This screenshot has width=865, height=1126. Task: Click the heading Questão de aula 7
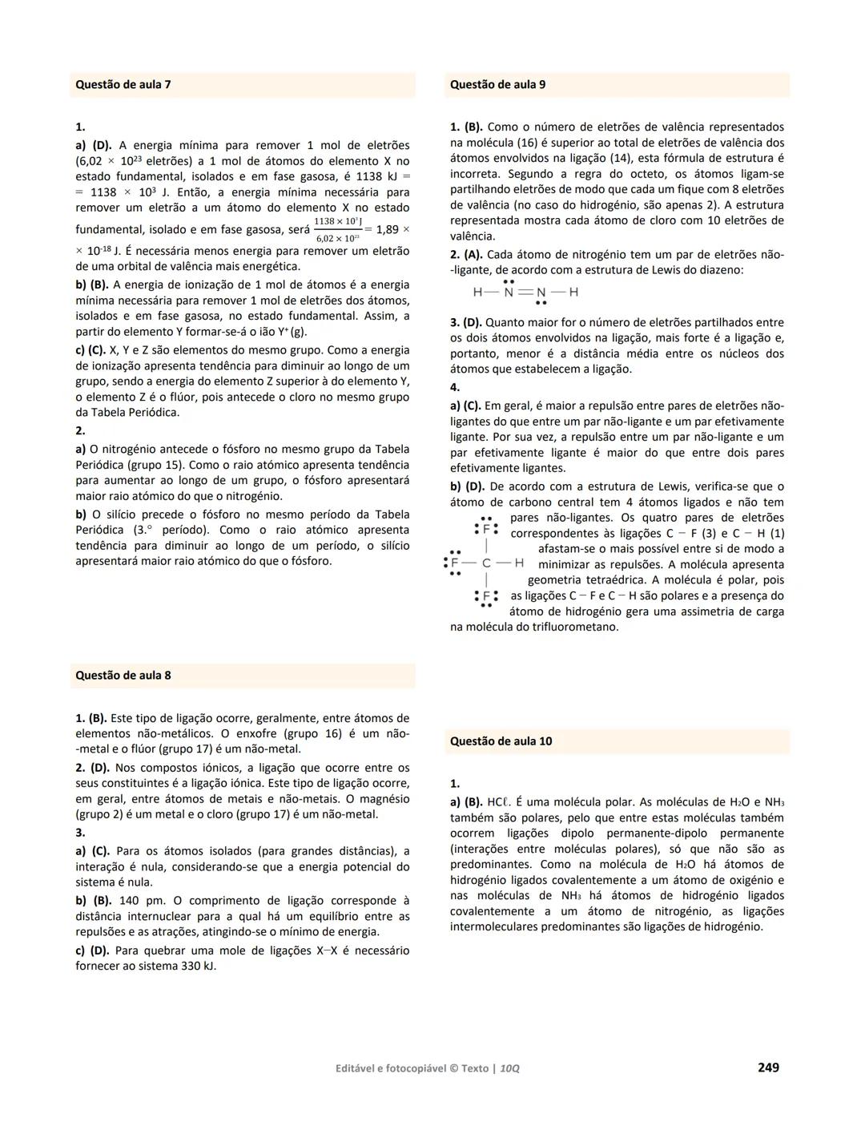tap(123, 84)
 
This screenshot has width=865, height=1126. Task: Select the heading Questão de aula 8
tap(123, 675)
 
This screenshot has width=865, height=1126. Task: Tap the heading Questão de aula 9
tap(497, 84)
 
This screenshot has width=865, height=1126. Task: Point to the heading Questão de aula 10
tap(501, 741)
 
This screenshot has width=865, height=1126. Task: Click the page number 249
tap(768, 1067)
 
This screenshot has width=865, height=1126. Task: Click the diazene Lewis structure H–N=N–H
tap(525, 293)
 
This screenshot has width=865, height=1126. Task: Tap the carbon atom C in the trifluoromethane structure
tap(486, 563)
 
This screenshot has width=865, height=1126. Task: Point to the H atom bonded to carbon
tap(519, 563)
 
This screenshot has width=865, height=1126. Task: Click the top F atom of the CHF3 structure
tap(485, 530)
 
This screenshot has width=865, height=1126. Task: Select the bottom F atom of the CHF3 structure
tap(485, 597)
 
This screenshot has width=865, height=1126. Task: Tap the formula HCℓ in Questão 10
tap(498, 802)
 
